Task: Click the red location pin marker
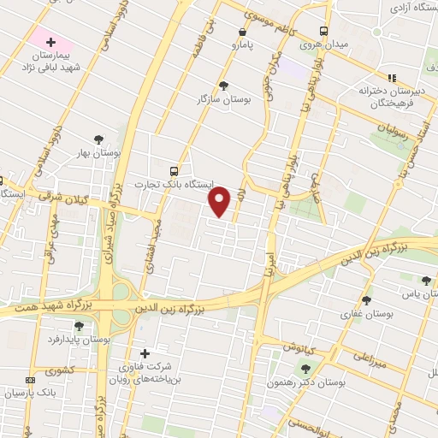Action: pos(221,201)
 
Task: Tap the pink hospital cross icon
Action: pos(50,42)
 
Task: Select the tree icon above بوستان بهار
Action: pos(99,139)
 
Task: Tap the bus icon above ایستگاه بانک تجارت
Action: pos(175,170)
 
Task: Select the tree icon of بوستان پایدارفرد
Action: pos(79,325)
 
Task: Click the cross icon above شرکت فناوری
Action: pos(145,353)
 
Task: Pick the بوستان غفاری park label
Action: pos(365,314)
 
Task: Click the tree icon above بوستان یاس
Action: pos(426,280)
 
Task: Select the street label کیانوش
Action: pos(303,348)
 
